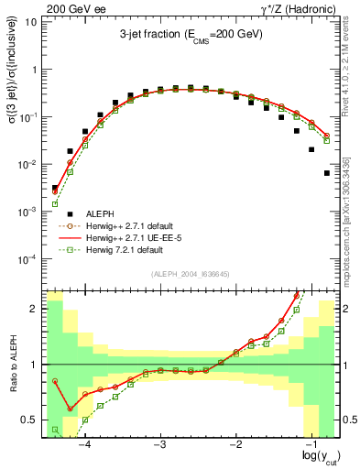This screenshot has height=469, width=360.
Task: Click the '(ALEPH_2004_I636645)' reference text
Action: point(191,273)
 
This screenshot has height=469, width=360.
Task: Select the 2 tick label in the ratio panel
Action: point(33,309)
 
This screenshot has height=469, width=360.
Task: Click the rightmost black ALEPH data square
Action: point(327,173)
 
